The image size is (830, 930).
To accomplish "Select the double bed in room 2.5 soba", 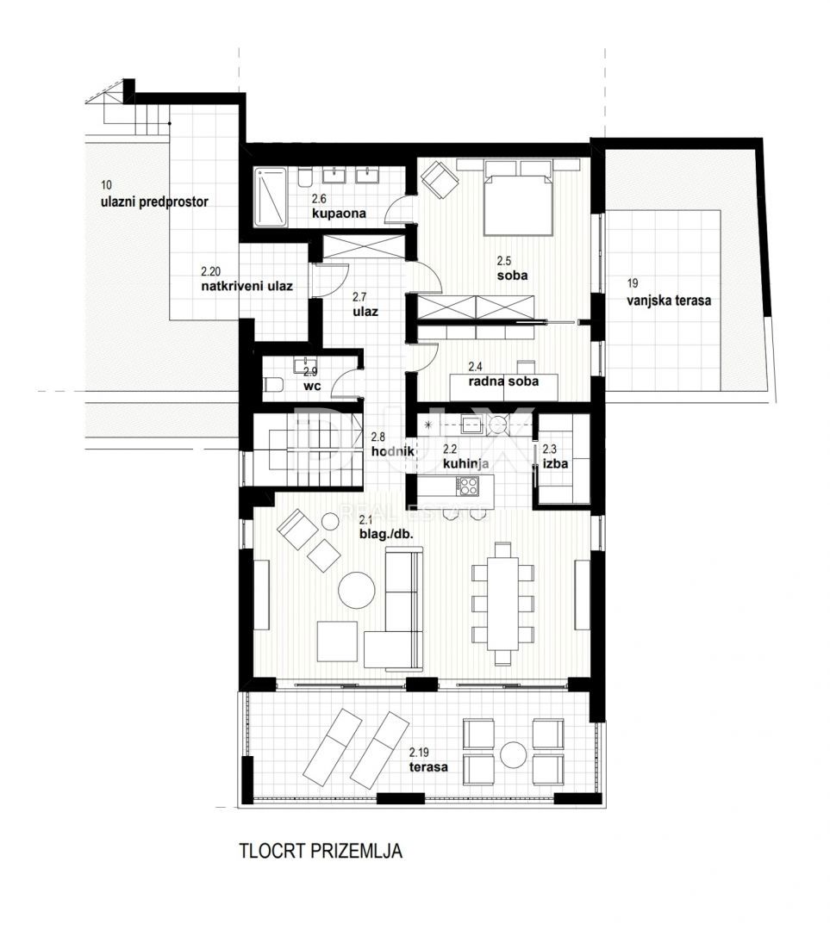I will (x=517, y=202).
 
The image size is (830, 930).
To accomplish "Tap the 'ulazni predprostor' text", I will (x=154, y=201).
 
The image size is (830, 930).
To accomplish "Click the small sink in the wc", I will (x=306, y=368).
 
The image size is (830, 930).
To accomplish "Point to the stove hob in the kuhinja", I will (x=468, y=487).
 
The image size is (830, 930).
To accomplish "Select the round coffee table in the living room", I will (x=356, y=591).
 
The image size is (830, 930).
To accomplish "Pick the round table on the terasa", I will (x=515, y=754).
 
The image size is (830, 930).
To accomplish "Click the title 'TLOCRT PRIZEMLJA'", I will (x=321, y=852).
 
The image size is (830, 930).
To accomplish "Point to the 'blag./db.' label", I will (x=387, y=534).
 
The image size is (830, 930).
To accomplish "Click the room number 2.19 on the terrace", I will (x=421, y=750).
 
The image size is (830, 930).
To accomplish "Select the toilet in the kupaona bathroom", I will (x=304, y=177).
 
